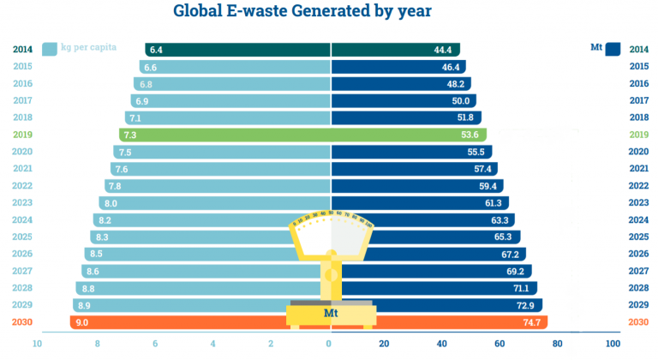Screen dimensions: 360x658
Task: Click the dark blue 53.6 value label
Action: [x=468, y=135]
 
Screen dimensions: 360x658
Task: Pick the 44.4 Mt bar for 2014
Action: [x=394, y=50]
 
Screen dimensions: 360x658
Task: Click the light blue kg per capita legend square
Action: [x=49, y=48]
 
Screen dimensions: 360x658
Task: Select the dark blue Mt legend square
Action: [x=613, y=49]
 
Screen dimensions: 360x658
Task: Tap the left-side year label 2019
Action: [x=23, y=135]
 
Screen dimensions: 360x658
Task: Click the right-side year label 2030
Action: [x=638, y=322]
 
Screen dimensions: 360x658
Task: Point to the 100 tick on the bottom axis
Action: [x=613, y=344]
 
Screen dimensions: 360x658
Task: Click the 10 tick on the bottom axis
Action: [x=38, y=344]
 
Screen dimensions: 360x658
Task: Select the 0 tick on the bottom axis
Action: [x=329, y=344]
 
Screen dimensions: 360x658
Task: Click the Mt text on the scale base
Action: [x=331, y=314]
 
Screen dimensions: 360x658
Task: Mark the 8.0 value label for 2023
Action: [x=108, y=203]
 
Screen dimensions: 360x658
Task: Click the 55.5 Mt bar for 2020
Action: [x=411, y=152]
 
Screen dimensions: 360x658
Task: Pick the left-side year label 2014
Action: [x=23, y=50]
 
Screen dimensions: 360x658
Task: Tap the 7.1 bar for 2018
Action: [x=228, y=117]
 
